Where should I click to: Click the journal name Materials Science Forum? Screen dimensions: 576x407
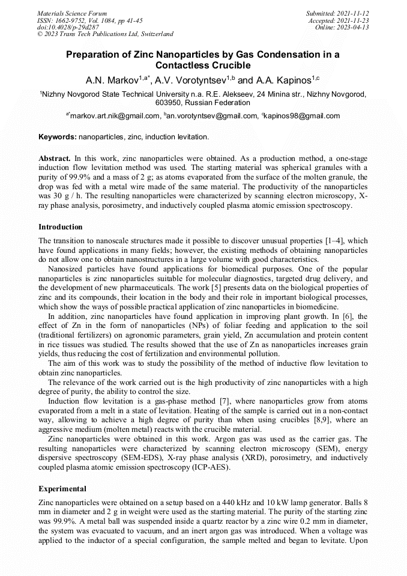(x=72, y=13)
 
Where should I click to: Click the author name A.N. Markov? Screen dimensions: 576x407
(x=112, y=79)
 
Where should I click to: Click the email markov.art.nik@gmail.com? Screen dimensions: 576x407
(x=115, y=116)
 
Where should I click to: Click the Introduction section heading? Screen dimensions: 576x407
(x=61, y=227)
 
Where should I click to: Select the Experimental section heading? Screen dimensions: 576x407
(x=62, y=489)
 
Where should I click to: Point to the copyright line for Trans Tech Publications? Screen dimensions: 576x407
(x=105, y=34)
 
